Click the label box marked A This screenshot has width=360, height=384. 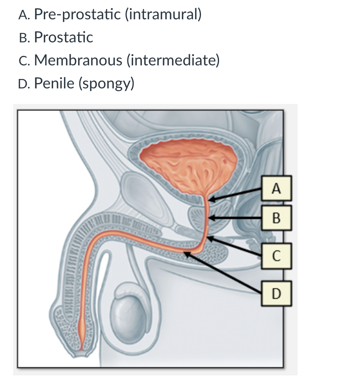click(x=277, y=189)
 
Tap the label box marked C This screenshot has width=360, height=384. click(x=277, y=257)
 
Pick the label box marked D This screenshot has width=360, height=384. click(x=277, y=293)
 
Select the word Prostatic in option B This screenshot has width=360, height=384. click(x=64, y=37)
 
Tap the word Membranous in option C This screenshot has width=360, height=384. click(x=78, y=60)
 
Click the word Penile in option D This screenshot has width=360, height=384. click(x=54, y=83)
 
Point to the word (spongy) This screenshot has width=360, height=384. click(x=106, y=83)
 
